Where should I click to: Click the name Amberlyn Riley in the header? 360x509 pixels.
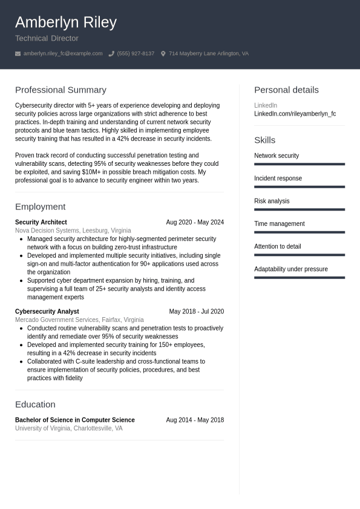click(65, 22)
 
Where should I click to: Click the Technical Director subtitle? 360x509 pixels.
click(47, 38)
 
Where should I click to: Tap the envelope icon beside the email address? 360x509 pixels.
click(18, 54)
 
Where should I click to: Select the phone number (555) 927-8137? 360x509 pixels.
click(136, 54)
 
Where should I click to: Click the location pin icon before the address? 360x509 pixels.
click(163, 54)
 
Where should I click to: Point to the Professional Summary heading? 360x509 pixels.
click(61, 90)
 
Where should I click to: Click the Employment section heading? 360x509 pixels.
click(40, 206)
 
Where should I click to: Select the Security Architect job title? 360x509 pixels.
click(41, 222)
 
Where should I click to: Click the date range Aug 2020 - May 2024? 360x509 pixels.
click(195, 222)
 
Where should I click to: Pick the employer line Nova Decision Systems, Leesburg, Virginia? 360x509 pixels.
click(73, 231)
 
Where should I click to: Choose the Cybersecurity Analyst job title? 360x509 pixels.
click(47, 311)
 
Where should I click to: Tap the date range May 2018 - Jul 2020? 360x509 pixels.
click(196, 311)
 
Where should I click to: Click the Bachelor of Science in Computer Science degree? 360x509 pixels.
click(75, 419)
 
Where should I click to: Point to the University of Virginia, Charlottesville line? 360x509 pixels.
click(68, 428)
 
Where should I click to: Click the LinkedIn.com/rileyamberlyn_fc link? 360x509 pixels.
click(295, 114)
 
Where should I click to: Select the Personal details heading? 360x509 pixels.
click(286, 90)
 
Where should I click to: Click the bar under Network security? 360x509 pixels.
click(299, 164)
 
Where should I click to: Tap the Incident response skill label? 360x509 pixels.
click(278, 179)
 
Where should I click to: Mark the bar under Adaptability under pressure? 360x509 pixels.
click(299, 278)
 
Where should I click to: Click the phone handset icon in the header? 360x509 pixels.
click(111, 54)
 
